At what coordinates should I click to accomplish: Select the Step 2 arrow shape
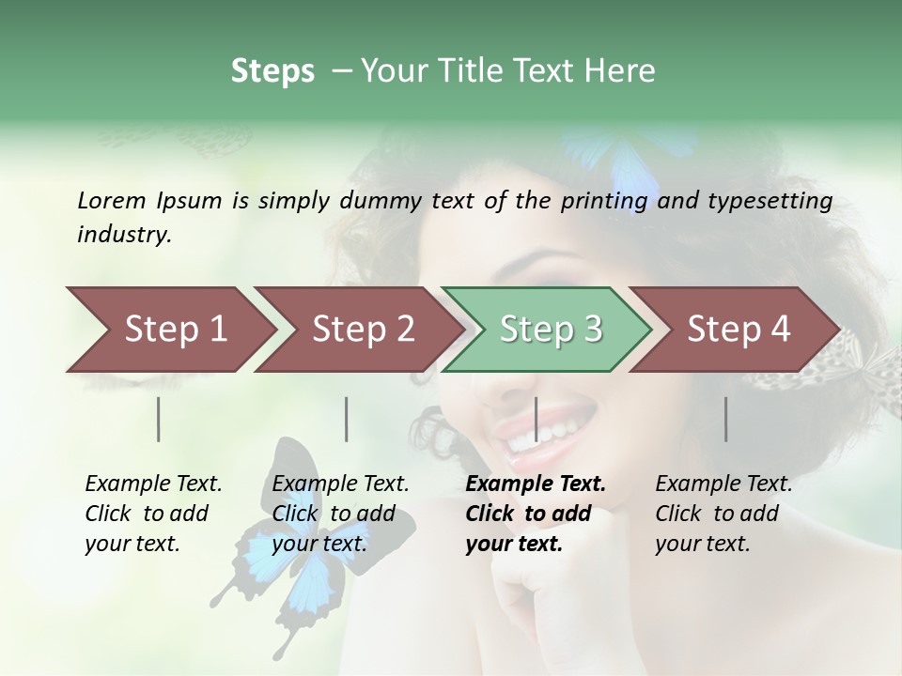click(363, 329)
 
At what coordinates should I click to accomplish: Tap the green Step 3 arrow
click(550, 329)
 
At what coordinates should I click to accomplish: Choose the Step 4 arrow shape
click(738, 329)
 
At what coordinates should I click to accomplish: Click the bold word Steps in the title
click(272, 70)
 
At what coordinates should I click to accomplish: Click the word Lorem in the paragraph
click(111, 200)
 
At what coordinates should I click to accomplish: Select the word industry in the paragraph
click(124, 235)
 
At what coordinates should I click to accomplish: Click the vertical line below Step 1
click(159, 419)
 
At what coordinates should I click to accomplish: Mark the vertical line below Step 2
click(347, 419)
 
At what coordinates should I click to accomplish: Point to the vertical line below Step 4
click(726, 419)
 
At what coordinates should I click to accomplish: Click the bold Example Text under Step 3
click(536, 484)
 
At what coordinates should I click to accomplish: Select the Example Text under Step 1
click(153, 484)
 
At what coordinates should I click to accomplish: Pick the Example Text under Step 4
click(723, 484)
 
